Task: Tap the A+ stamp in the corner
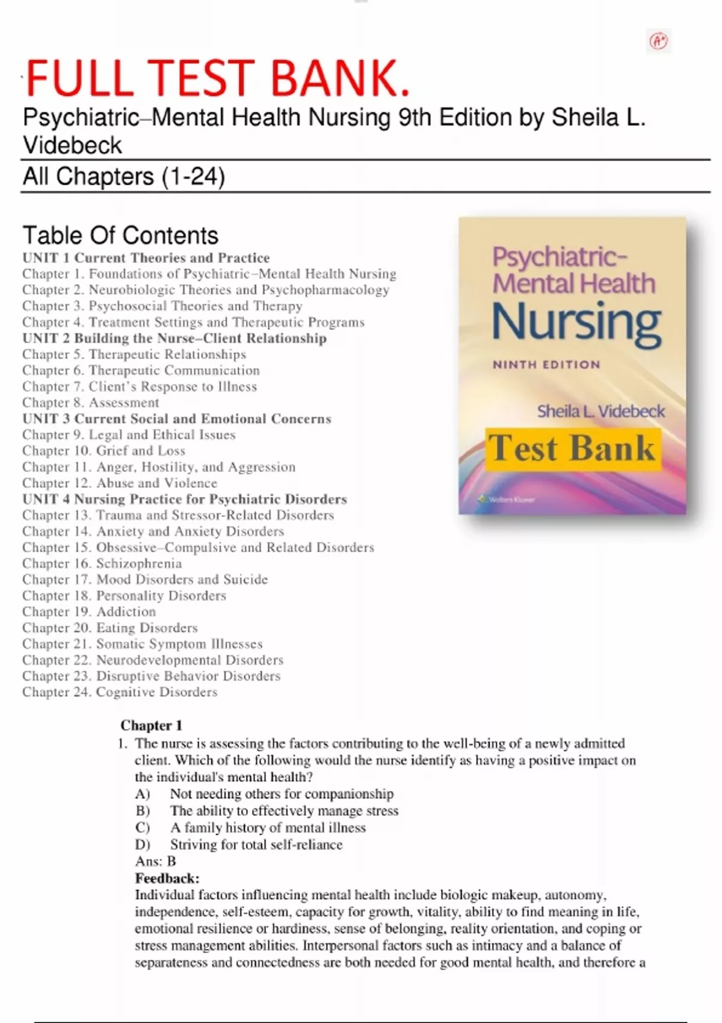click(x=659, y=41)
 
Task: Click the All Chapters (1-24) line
click(x=124, y=176)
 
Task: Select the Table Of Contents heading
click(x=120, y=235)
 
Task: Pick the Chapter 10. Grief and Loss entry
click(x=104, y=451)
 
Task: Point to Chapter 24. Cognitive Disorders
click(x=120, y=692)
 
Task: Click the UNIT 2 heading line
click(x=174, y=338)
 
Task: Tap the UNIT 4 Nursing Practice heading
click(x=185, y=499)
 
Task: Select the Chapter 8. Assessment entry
click(x=91, y=403)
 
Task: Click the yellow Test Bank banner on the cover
click(x=572, y=449)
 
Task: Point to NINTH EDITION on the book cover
click(x=546, y=365)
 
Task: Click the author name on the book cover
click(x=600, y=412)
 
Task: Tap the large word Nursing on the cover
click(x=576, y=322)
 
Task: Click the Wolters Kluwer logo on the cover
click(x=507, y=499)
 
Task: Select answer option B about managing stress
click(x=284, y=811)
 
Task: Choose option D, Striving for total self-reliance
click(x=256, y=844)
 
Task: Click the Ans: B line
click(x=155, y=861)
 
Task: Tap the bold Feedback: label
click(x=167, y=878)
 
